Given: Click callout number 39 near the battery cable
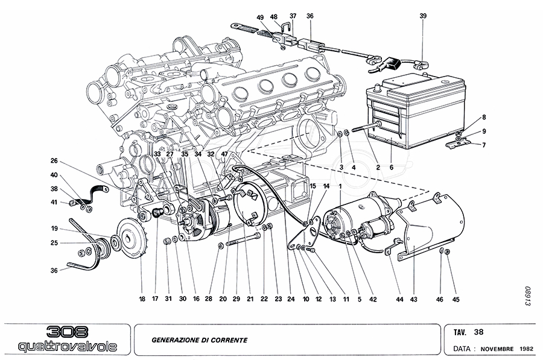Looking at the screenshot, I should click(x=423, y=16).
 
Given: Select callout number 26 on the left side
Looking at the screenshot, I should click(x=54, y=161).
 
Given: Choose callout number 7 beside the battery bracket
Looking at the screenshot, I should click(x=483, y=145).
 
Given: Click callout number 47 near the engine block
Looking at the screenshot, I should click(x=225, y=154).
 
